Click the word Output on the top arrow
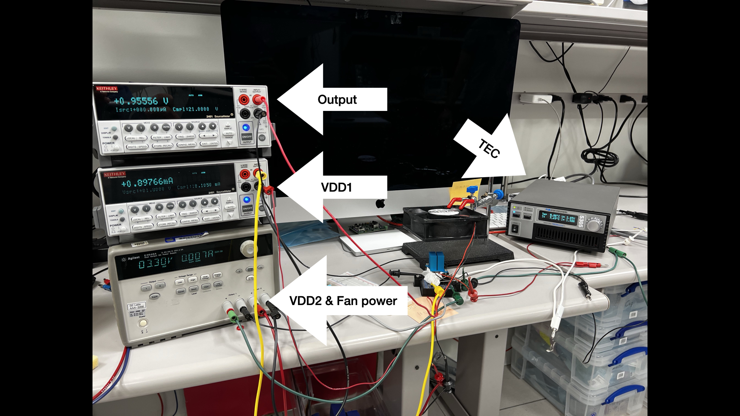pyautogui.click(x=337, y=100)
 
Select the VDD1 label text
pyautogui.click(x=336, y=188)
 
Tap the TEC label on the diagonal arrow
pyautogui.click(x=489, y=149)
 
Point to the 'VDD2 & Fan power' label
pyautogui.click(x=343, y=301)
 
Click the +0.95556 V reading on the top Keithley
pyautogui.click(x=141, y=101)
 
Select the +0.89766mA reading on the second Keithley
pyautogui.click(x=147, y=182)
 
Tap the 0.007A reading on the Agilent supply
pyautogui.click(x=197, y=256)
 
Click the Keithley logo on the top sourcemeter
pyautogui.click(x=107, y=89)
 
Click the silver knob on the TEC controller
pyautogui.click(x=594, y=224)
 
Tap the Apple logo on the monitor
pyautogui.click(x=380, y=203)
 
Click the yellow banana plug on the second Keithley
pyautogui.click(x=261, y=175)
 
